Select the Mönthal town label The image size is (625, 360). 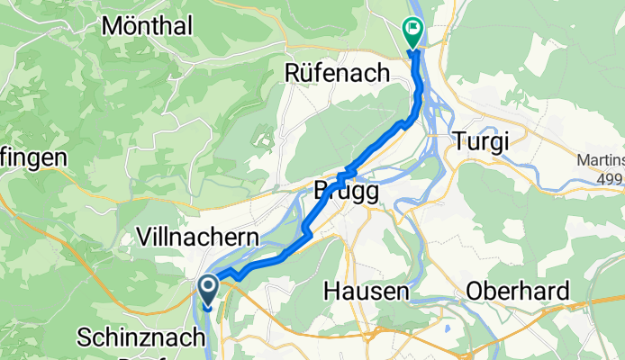click(x=147, y=26)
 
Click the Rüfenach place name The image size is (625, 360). click(x=337, y=73)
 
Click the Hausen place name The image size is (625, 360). click(x=367, y=292)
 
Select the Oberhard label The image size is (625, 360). click(x=518, y=292)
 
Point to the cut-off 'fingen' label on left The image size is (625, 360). click(x=33, y=158)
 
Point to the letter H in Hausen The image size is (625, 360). click(x=331, y=292)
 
